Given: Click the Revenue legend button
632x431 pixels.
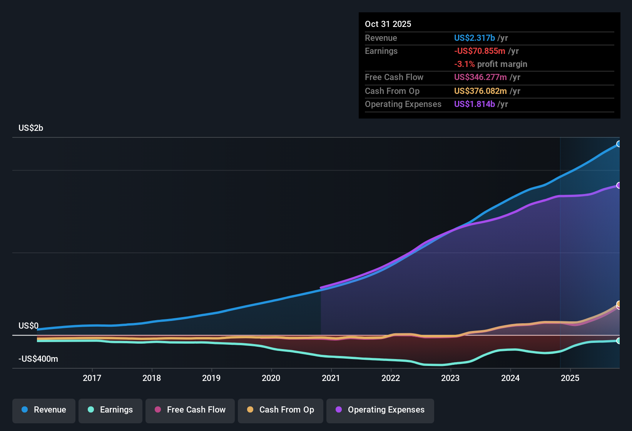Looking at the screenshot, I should [44, 410].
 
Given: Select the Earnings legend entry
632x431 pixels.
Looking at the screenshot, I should [110, 410].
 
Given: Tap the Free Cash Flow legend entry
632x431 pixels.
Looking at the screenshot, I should [190, 410].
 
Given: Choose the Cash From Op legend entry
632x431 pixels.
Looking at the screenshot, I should [281, 410].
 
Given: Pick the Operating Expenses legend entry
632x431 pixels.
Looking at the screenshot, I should [380, 410].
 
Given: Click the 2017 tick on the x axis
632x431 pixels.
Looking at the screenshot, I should [92, 378].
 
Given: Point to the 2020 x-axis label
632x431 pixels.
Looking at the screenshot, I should [271, 378].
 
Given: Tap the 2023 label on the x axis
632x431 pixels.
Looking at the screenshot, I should [450, 378].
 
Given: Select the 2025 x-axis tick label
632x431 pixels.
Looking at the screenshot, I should [570, 378].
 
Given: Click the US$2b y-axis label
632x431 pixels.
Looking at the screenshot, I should [31, 128].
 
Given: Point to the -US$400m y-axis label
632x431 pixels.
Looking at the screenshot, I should [38, 359].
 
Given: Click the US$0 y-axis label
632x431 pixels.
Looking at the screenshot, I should [28, 326].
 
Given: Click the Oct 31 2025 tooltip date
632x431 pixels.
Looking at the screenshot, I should [388, 24].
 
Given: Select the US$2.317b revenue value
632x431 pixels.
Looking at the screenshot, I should [474, 38].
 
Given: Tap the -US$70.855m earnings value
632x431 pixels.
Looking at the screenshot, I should [480, 51].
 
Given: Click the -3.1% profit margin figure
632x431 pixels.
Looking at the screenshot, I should [464, 64].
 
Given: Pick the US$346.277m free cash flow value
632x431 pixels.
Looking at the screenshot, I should [480, 77].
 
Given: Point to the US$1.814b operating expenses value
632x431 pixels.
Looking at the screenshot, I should [474, 104].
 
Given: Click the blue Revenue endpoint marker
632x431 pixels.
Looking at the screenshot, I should [619, 144].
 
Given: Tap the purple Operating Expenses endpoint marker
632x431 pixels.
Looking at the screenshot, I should [619, 185].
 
